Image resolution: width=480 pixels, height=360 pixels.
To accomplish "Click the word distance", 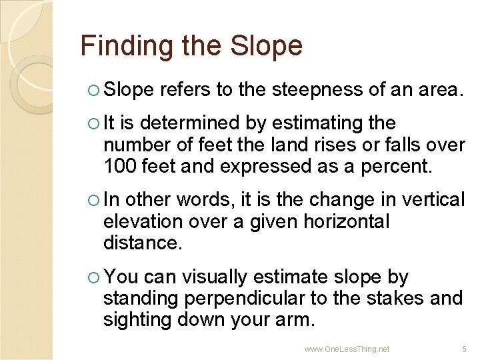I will [141, 243].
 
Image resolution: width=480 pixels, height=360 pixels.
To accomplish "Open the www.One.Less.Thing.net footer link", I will [347, 349].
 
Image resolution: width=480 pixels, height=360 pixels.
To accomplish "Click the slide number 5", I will [465, 349].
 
